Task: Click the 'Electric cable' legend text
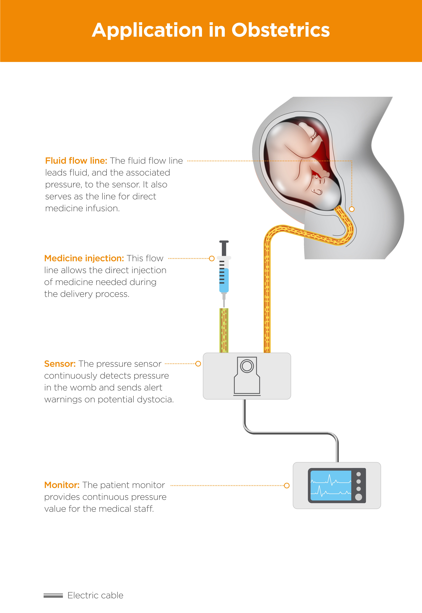95,595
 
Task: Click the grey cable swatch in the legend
53,595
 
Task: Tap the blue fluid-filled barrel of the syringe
224,280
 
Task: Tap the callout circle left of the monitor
287,485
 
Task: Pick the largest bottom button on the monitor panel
359,497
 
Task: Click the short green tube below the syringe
224,330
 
